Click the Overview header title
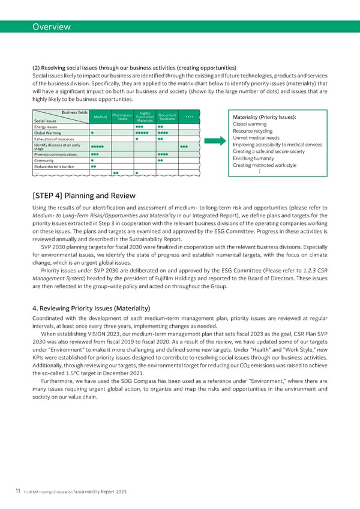tap(51, 26)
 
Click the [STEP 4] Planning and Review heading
tap(84, 196)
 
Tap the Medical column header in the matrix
tap(101, 117)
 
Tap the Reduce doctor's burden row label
tap(54, 166)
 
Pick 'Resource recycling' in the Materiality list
tap(253, 131)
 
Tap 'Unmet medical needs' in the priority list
tap(256, 138)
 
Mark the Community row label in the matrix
tap(45, 160)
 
